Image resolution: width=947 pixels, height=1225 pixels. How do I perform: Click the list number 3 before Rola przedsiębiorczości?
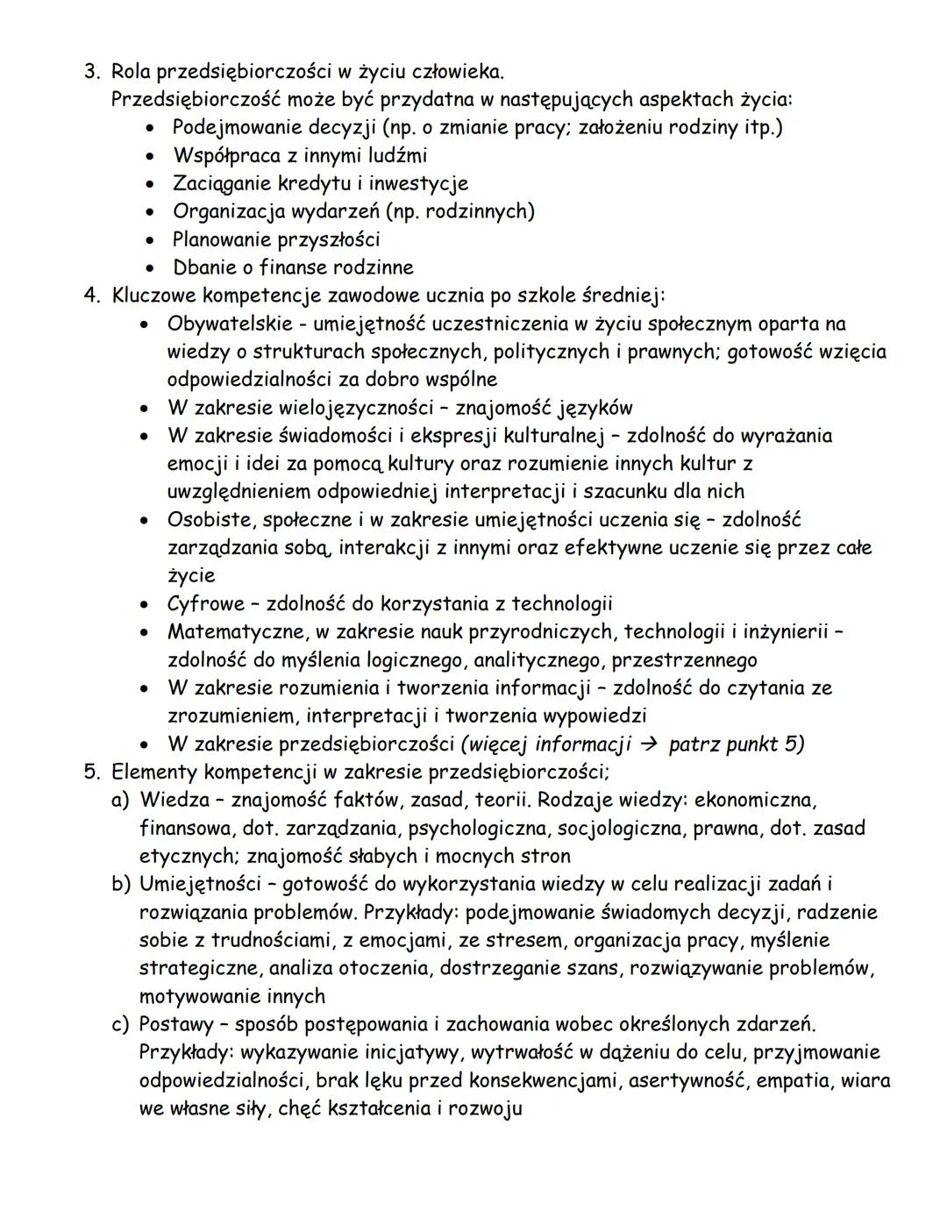tap(90, 71)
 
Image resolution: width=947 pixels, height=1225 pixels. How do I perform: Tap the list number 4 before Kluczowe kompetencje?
tap(90, 296)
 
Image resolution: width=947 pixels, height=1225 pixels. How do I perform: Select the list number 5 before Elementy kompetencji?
tap(90, 773)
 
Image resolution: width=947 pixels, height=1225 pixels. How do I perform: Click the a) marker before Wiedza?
tap(119, 801)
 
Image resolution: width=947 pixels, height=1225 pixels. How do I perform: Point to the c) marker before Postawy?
tap(119, 1025)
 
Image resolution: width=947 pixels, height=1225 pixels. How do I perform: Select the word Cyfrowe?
tap(203, 604)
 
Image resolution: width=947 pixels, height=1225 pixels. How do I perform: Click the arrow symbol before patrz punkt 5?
tap(648, 744)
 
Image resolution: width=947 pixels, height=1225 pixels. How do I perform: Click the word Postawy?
tap(174, 1025)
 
